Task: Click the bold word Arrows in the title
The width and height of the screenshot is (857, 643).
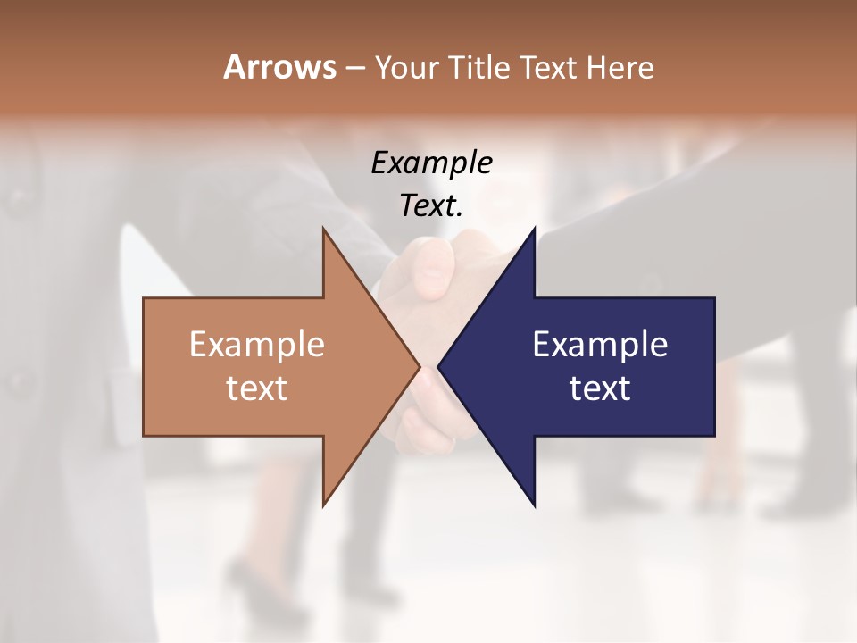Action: [x=279, y=67]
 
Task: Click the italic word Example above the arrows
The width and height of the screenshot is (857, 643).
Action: [x=431, y=163]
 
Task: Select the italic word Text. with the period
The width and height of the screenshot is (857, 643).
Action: [x=431, y=205]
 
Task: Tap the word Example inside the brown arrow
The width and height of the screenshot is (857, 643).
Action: [x=257, y=344]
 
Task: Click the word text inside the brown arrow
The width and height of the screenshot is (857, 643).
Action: [x=257, y=388]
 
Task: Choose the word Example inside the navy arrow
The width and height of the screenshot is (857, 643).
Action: [x=600, y=344]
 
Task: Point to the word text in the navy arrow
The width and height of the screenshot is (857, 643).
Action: [x=600, y=388]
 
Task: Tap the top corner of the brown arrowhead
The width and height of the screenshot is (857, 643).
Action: [x=324, y=230]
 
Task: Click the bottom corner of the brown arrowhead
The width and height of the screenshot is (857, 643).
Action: [x=324, y=505]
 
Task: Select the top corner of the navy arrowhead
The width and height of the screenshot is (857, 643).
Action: [x=534, y=230]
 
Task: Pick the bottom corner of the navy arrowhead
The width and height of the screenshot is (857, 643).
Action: [x=534, y=505]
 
